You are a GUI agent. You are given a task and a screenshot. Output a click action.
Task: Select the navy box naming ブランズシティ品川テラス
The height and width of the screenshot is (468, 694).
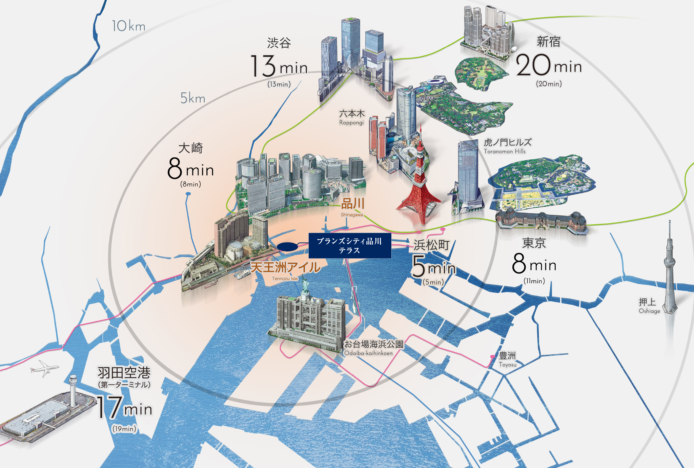pos(350,246)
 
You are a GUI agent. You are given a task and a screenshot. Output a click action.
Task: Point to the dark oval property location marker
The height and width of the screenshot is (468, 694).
pos(287,247)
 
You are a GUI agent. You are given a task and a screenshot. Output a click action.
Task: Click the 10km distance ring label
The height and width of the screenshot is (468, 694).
pos(128,26)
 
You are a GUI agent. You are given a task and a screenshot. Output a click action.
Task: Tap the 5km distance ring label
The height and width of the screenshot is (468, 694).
pos(192,98)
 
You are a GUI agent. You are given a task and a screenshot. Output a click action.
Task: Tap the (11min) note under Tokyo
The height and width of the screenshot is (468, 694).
pos(534,281)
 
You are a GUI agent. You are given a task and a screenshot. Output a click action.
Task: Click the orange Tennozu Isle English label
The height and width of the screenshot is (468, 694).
pos(285,279)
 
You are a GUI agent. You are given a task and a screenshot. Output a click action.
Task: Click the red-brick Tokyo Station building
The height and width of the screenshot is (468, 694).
pos(542,220)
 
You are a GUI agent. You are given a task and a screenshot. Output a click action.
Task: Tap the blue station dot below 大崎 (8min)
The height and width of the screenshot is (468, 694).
pos(188,194)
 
